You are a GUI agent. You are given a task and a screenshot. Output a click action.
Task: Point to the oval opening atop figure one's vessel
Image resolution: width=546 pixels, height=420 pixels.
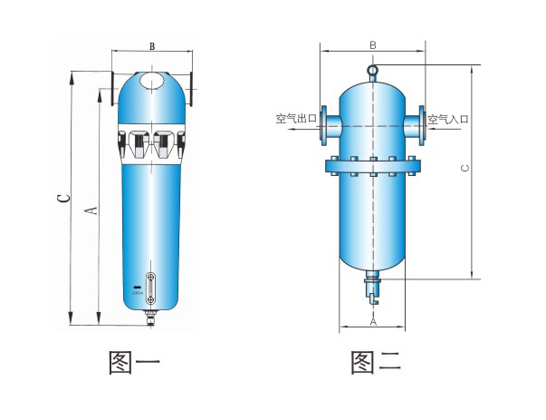click(152, 81)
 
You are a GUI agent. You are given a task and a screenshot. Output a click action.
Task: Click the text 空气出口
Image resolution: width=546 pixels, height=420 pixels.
click(294, 119)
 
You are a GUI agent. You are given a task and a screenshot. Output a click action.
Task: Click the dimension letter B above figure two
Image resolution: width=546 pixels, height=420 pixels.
click(372, 45)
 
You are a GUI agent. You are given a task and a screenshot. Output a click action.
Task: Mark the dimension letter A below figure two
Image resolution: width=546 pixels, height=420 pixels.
click(373, 322)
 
